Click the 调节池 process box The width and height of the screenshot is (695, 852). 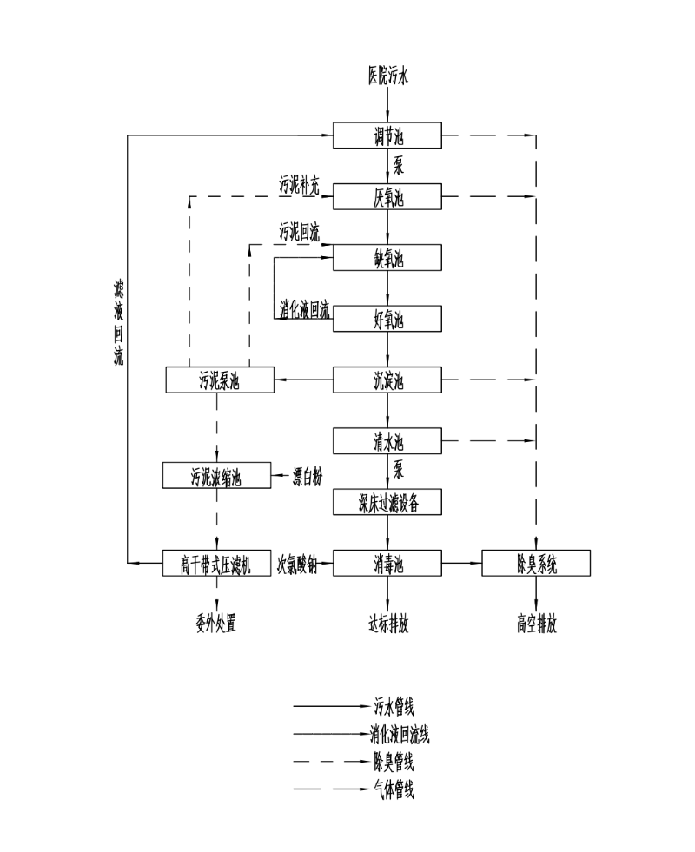[387, 136]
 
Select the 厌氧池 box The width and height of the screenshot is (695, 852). [387, 197]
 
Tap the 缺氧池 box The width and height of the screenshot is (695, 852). [387, 258]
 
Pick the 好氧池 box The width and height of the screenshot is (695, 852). [387, 319]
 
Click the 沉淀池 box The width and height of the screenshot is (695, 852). [387, 380]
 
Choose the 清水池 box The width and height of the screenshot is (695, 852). [387, 441]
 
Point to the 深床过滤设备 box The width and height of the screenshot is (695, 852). [387, 502]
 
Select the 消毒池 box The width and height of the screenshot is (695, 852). [387, 563]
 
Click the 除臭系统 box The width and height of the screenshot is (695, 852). [535, 563]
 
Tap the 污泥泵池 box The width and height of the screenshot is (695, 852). [220, 380]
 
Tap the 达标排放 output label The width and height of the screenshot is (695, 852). [387, 624]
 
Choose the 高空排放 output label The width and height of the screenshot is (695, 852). [535, 624]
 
